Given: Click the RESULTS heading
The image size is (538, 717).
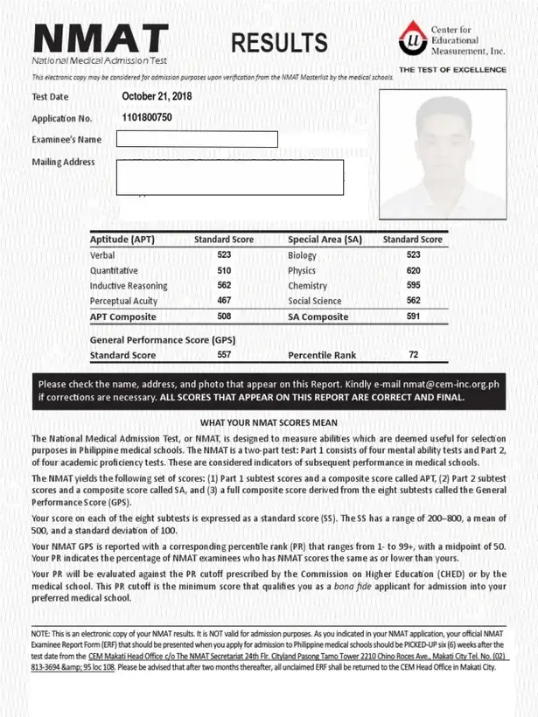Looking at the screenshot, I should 280,42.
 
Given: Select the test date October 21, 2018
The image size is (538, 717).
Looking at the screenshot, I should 157,96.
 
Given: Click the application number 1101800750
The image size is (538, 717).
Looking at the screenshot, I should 147,117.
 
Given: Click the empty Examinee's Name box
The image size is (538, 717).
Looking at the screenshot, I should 197,139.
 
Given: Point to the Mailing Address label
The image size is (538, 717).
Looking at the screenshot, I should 63,162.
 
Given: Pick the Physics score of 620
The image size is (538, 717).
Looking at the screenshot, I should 413,271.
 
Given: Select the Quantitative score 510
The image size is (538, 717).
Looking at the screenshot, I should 224,271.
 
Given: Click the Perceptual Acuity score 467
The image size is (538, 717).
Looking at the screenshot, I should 224,301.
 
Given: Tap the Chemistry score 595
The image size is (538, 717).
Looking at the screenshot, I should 413,286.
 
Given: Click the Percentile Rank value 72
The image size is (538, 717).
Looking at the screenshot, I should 413,356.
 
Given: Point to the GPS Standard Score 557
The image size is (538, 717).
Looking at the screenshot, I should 224,356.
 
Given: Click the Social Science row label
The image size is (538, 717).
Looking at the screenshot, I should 315,301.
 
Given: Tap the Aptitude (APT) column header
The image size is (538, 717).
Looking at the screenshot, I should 122,239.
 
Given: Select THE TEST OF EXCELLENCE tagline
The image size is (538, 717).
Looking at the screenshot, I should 452,69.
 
